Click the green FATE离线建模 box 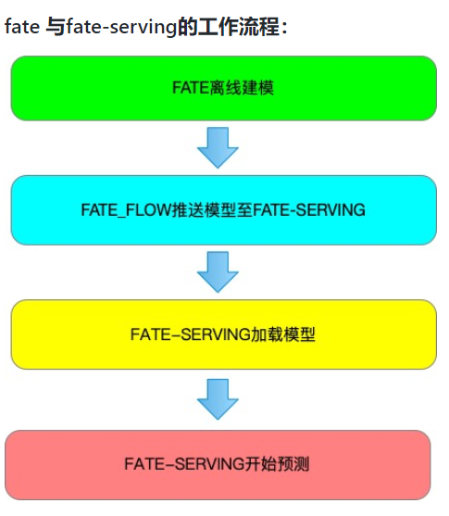pos(223,88)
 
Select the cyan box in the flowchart pos(223,210)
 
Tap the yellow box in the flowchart pos(223,334)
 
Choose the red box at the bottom pos(218,463)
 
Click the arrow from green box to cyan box pos(218,147)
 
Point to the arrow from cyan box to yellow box pos(218,272)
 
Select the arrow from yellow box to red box pos(218,398)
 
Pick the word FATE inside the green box pos(191,88)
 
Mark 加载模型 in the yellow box pos(283,334)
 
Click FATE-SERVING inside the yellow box pos(191,334)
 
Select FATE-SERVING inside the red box pos(186,463)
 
